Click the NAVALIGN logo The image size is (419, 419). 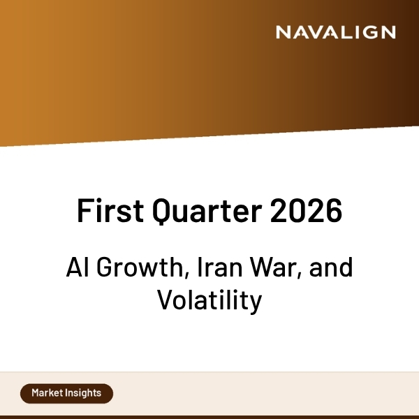(335, 32)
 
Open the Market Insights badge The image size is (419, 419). (66, 393)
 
